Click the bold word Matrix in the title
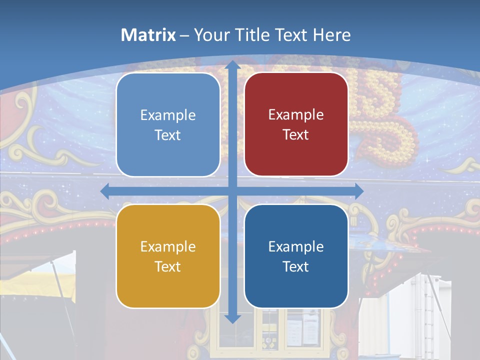pos(148,35)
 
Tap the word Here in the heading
pos(332,35)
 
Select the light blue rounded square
pos(168,124)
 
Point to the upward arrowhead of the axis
pos(232,65)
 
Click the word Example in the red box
pos(296,115)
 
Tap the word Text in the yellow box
pos(168,266)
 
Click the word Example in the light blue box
pos(168,115)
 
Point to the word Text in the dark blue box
pos(296,266)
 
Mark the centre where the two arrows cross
pos(232,191)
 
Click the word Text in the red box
pos(296,134)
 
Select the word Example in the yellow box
pos(168,246)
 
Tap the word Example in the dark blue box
pos(296,246)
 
